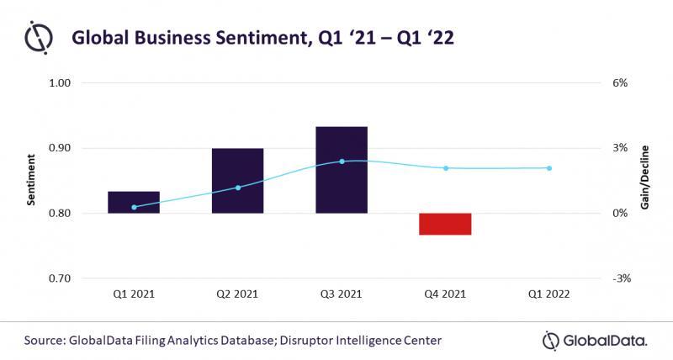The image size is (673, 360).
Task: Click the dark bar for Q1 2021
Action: pyautogui.click(x=134, y=203)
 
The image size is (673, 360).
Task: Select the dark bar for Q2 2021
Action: pyautogui.click(x=237, y=181)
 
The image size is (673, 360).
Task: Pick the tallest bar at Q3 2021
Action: pyautogui.click(x=342, y=170)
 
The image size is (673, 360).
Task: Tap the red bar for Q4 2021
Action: pyautogui.click(x=445, y=224)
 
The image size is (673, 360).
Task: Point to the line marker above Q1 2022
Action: pyautogui.click(x=549, y=168)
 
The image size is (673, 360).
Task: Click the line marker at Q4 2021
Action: pyautogui.click(x=446, y=168)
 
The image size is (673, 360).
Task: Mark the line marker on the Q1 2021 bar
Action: pyautogui.click(x=134, y=207)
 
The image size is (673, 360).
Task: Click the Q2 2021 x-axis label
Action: pyautogui.click(x=237, y=295)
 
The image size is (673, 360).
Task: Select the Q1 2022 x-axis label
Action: pyautogui.click(x=548, y=295)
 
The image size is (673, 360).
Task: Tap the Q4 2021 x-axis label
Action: pyautogui.click(x=445, y=295)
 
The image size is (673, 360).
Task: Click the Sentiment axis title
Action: pyautogui.click(x=31, y=180)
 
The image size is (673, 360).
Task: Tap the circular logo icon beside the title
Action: pyautogui.click(x=39, y=39)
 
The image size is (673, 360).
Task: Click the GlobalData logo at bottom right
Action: pyautogui.click(x=594, y=340)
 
